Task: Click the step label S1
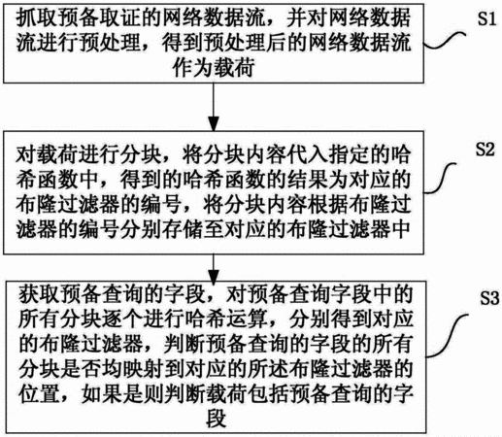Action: (x=486, y=18)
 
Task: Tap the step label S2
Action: (x=485, y=150)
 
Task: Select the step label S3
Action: (x=489, y=298)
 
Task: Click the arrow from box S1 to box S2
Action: (x=214, y=107)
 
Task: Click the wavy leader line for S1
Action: (x=445, y=41)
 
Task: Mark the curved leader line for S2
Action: (x=440, y=178)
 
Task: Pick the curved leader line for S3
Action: (x=447, y=335)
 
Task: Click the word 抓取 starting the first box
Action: (x=37, y=17)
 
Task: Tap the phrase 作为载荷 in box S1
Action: (x=214, y=68)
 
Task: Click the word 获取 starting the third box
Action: (x=39, y=294)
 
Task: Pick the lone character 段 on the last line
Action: (x=216, y=419)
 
